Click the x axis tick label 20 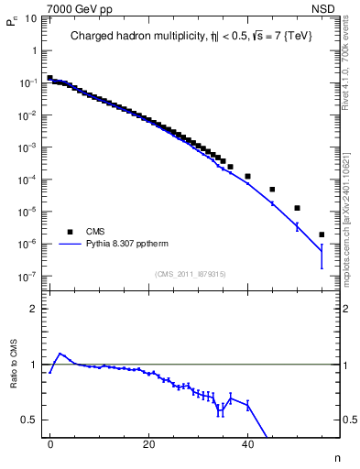(148, 443)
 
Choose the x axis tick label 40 (247, 443)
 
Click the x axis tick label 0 (50, 443)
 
